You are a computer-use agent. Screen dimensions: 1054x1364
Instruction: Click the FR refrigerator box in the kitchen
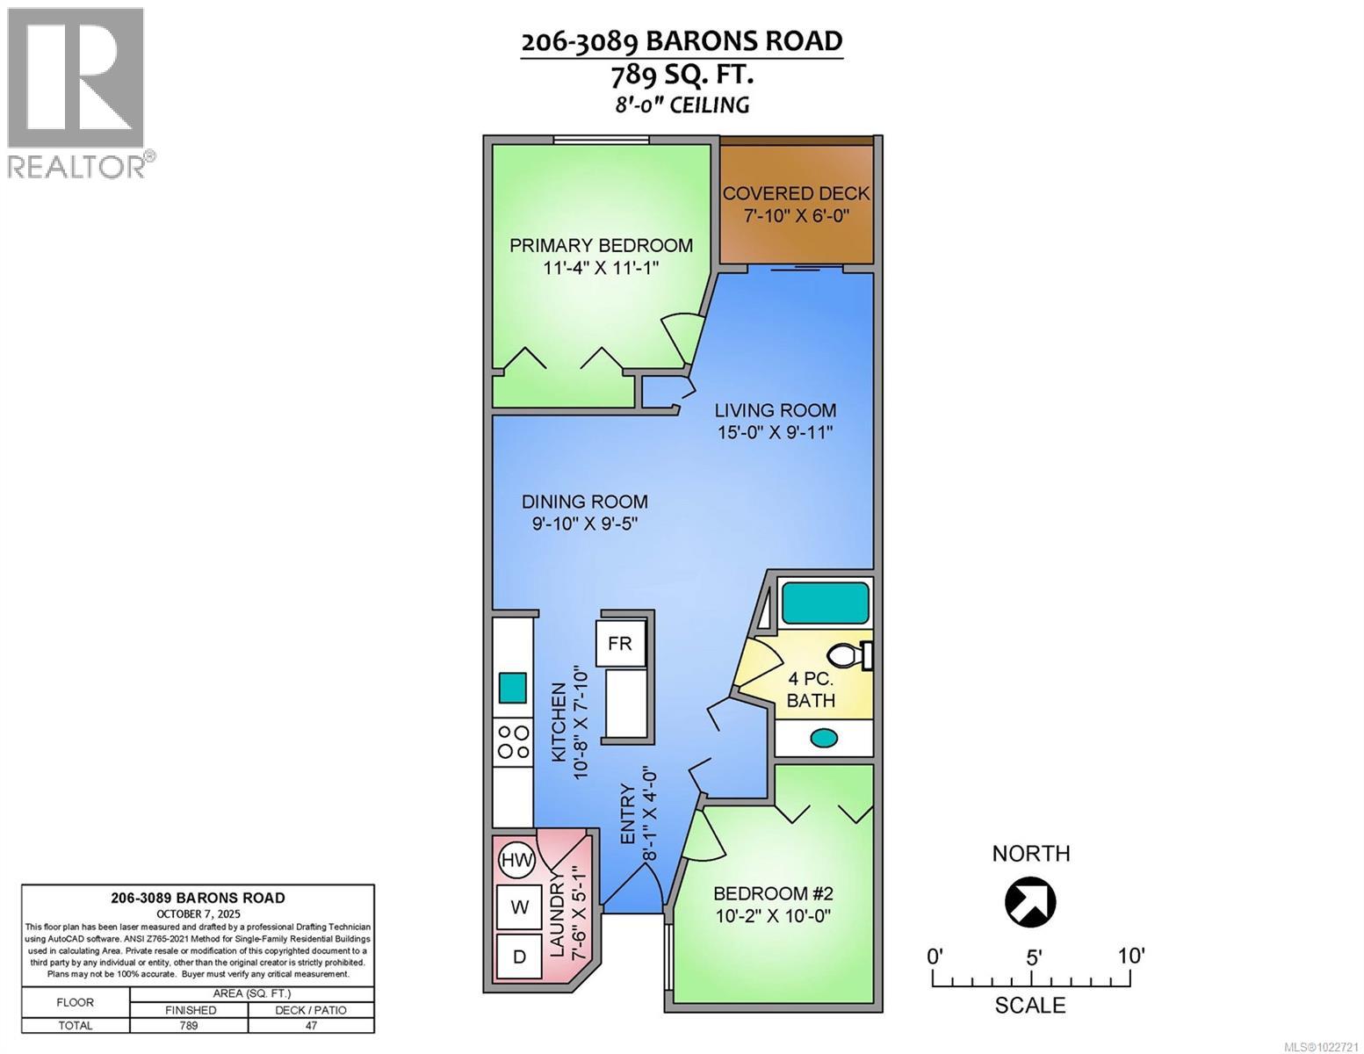click(x=620, y=644)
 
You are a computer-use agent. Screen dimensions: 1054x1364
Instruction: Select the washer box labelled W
click(x=520, y=907)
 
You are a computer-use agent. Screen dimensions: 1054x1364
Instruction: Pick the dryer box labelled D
click(x=520, y=957)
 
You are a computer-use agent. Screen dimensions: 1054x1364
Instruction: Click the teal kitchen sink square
click(x=513, y=687)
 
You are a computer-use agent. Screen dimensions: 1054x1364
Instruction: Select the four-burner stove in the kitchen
click(x=513, y=741)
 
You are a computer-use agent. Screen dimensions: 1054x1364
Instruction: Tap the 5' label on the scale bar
click(x=1033, y=957)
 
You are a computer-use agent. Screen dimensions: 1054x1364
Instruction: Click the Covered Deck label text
click(x=796, y=193)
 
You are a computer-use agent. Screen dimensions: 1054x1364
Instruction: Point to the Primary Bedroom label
click(x=601, y=245)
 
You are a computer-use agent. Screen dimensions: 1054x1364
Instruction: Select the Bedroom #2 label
click(x=772, y=893)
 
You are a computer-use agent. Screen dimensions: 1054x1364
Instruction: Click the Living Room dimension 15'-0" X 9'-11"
click(x=773, y=432)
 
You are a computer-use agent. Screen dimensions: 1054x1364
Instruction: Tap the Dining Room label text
click(x=584, y=502)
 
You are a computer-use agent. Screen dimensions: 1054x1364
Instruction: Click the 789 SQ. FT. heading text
click(x=682, y=76)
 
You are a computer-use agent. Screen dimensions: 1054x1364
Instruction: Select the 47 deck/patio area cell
click(x=311, y=1025)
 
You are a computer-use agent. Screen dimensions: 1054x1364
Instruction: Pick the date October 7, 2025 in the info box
click(x=198, y=913)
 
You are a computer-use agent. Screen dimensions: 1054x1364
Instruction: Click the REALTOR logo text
click(x=77, y=166)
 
